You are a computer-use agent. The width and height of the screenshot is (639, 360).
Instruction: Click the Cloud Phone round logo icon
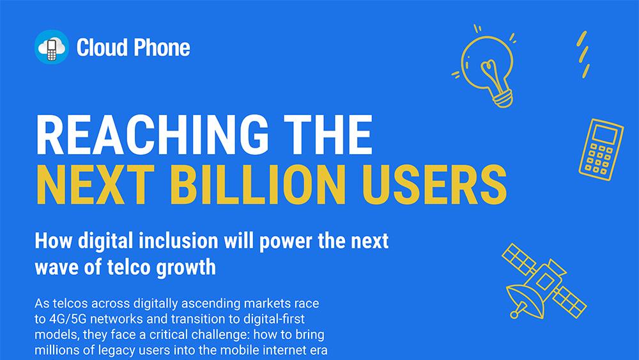tap(52, 47)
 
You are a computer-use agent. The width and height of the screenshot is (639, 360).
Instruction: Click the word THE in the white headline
tap(328, 134)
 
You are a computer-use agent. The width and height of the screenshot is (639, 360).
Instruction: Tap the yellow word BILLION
tap(258, 184)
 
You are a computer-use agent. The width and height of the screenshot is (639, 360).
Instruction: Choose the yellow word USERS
tap(434, 184)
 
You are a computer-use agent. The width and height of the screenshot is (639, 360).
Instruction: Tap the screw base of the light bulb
tap(504, 98)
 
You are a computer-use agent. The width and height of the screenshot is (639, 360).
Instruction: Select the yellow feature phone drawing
tap(601, 149)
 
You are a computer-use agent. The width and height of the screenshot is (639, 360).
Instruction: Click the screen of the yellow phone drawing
tap(604, 133)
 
